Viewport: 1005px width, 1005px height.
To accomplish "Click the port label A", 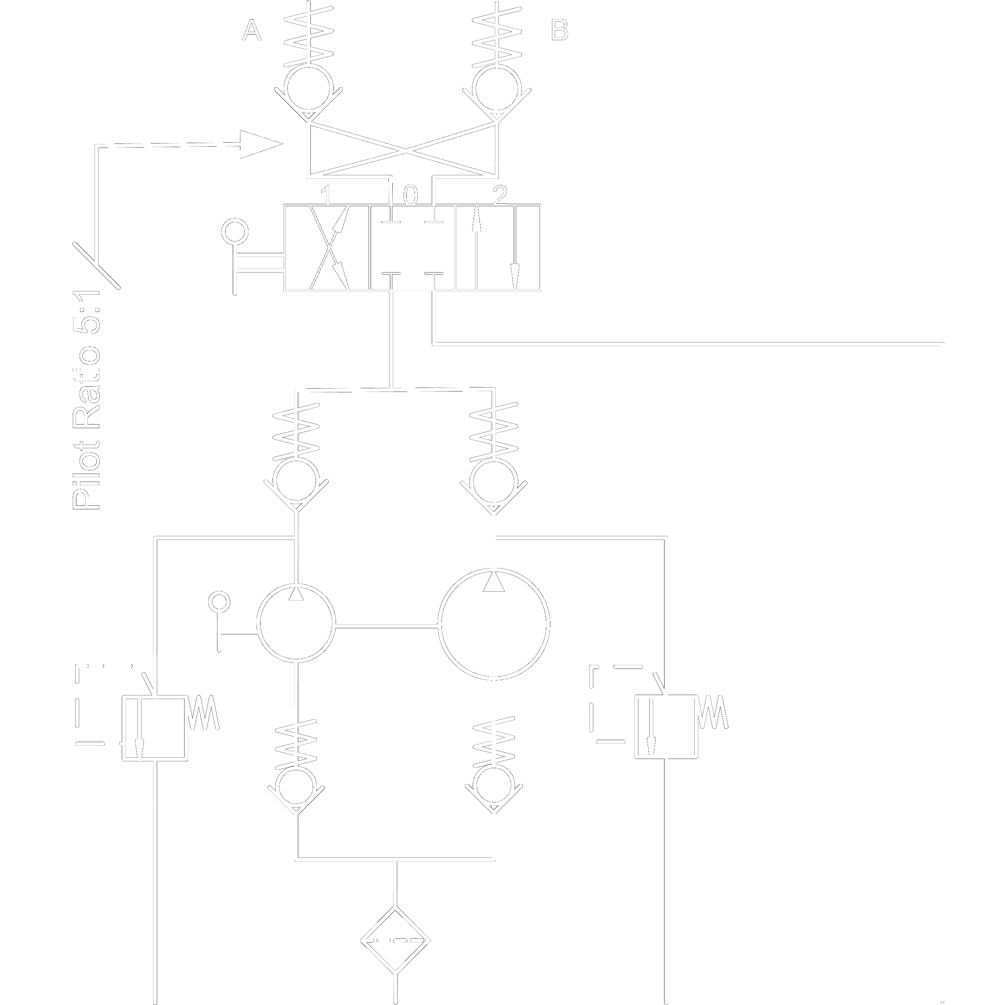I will click(x=252, y=31).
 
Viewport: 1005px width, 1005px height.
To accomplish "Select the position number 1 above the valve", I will click(x=326, y=196).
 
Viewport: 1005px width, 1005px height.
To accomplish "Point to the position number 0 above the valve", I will click(x=410, y=196).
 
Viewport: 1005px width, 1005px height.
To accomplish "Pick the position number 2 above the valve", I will click(x=499, y=196).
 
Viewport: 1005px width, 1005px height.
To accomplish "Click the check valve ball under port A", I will click(x=308, y=88).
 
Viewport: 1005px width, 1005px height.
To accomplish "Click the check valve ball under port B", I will click(x=497, y=88).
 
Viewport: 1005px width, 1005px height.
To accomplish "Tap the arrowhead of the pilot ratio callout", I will click(x=260, y=144).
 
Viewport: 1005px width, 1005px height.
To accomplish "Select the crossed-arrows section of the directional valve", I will click(x=328, y=248).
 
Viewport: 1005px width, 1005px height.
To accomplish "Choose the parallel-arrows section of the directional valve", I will click(x=497, y=248).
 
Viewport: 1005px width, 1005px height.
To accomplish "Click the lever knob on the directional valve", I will click(x=235, y=232).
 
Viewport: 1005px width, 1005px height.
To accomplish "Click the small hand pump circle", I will click(x=297, y=623).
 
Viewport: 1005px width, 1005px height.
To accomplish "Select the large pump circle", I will click(x=494, y=624).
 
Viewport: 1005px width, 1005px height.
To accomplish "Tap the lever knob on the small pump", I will click(x=219, y=602).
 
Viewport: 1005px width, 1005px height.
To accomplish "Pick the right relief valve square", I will click(x=666, y=727).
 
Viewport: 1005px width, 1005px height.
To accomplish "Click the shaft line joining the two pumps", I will click(x=386, y=626).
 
